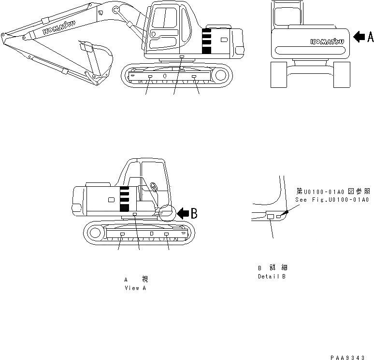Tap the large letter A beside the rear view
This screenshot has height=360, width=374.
click(370, 36)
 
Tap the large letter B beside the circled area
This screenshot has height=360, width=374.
click(194, 214)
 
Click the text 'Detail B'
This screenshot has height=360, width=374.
click(271, 277)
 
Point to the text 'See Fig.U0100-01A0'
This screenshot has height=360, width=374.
click(331, 199)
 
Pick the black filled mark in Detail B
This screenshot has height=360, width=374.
click(286, 212)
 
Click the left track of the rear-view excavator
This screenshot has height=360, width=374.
click(279, 75)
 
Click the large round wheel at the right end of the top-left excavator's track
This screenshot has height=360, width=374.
click(221, 75)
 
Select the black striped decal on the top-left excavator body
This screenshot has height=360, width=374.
click(206, 41)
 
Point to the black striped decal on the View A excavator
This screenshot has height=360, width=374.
click(125, 198)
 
